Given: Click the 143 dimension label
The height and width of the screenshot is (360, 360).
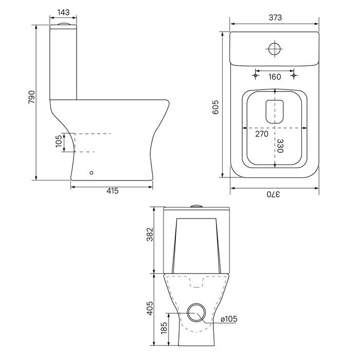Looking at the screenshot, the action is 63,12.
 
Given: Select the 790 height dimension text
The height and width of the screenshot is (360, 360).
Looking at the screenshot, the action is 32,97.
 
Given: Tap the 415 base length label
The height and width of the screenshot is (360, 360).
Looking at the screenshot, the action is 113,191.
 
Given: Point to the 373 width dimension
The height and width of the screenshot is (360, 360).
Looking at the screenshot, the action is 275,17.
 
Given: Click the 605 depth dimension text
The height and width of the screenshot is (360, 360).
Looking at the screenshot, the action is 215,107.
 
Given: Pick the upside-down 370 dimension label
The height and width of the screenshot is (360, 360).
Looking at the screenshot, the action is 273,194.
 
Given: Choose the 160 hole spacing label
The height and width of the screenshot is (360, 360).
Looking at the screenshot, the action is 275,77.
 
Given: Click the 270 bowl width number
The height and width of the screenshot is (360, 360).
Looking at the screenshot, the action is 262,134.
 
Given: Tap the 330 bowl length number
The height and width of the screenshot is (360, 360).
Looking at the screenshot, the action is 280,146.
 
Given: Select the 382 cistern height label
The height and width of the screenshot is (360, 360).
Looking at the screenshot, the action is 150,235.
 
